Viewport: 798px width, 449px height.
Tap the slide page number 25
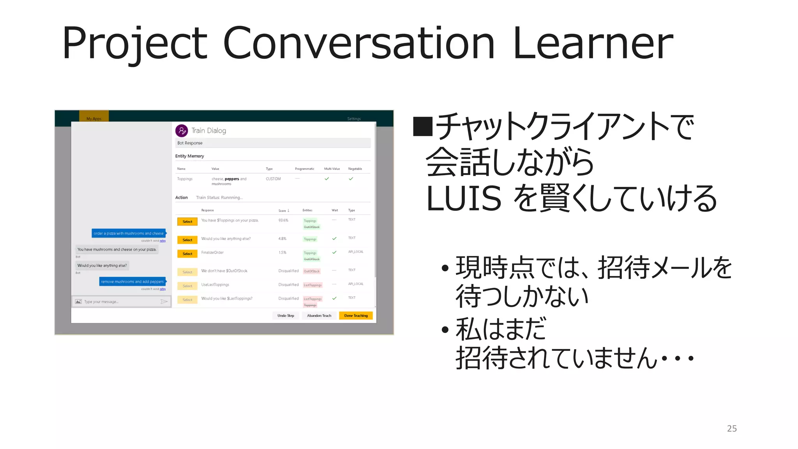click(x=732, y=428)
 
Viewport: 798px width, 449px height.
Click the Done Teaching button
click(x=356, y=316)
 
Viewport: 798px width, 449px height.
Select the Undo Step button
click(x=286, y=316)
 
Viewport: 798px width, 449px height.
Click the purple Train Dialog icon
click(x=182, y=131)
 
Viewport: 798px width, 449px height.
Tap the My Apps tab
click(x=94, y=118)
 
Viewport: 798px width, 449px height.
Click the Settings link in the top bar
click(x=354, y=118)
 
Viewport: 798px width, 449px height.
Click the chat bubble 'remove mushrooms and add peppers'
click(x=132, y=281)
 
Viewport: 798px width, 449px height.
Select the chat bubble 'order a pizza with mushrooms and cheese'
click(x=129, y=233)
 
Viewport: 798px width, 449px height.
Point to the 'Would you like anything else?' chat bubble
click(x=102, y=265)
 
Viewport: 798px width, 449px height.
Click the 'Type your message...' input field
click(x=117, y=302)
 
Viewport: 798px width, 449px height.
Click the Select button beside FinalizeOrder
click(x=187, y=254)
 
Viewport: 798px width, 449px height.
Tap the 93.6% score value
click(x=283, y=220)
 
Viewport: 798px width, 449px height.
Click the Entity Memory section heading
click(x=189, y=156)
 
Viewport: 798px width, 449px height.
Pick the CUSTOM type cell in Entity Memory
click(x=273, y=179)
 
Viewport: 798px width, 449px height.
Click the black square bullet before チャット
click(x=423, y=126)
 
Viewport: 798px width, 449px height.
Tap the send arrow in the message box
click(x=164, y=302)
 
